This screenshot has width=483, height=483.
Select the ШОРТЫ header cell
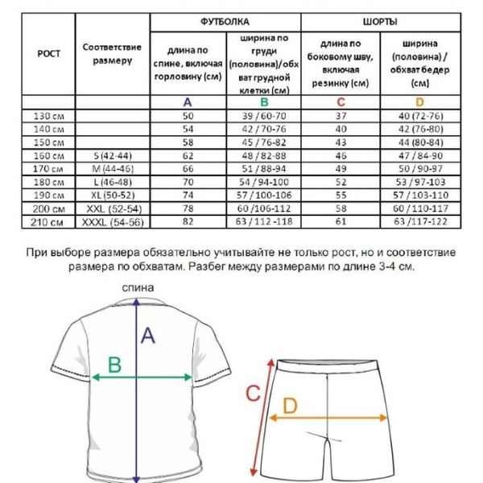(380, 22)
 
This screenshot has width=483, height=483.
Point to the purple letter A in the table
(188, 102)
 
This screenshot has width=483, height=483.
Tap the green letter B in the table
(263, 102)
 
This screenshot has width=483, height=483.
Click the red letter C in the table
(341, 102)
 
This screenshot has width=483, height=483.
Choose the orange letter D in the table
(419, 102)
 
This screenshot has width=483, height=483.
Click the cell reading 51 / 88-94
(263, 168)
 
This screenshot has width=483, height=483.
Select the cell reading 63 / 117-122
(419, 221)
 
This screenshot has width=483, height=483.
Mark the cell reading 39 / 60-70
(263, 116)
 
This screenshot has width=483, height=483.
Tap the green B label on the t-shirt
(115, 365)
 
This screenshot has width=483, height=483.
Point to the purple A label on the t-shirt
(148, 336)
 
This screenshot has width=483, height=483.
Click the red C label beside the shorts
(252, 394)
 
